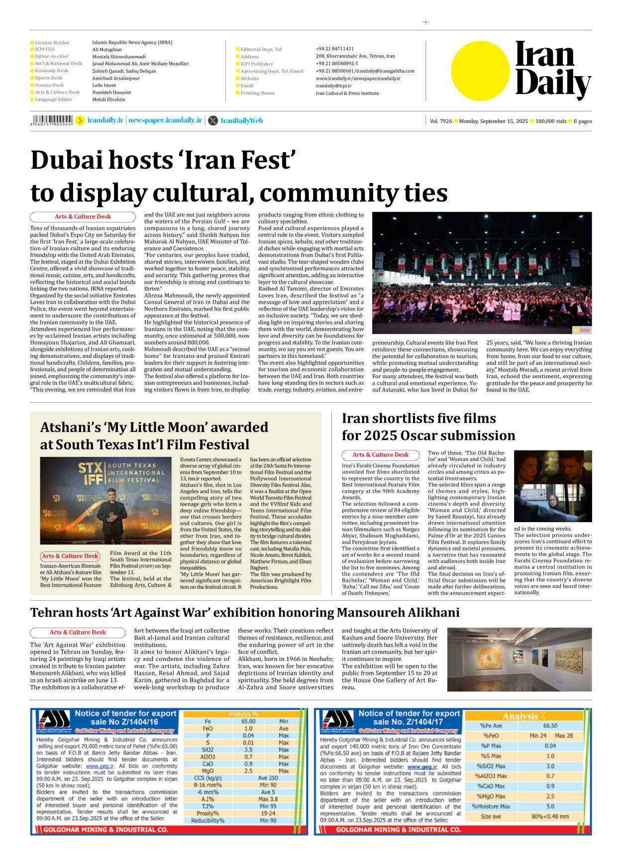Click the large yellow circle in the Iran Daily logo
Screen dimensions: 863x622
[x=480, y=71]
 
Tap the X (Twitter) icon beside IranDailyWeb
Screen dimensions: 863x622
[x=213, y=120]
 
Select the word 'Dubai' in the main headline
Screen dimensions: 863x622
[x=66, y=160]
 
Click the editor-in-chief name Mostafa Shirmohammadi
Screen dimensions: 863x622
[x=119, y=57]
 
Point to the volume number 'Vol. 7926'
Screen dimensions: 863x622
[x=441, y=121]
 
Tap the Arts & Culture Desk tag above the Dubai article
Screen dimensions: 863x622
[x=83, y=216]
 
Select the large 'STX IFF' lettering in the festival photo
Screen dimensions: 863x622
[x=91, y=473]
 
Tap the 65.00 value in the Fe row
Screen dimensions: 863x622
[x=248, y=721]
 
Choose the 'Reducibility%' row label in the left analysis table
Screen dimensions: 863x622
[x=207, y=820]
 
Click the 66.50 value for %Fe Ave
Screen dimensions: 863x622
[x=550, y=726]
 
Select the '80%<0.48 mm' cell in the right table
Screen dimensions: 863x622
[x=550, y=816]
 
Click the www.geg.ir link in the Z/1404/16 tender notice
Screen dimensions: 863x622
[x=100, y=766]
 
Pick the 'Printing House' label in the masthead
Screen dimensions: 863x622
[x=257, y=93]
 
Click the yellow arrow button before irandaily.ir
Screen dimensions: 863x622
[x=80, y=120]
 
